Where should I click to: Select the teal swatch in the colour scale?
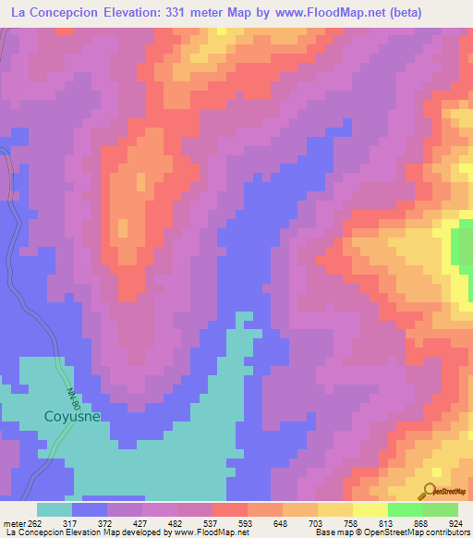tap(55, 509)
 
